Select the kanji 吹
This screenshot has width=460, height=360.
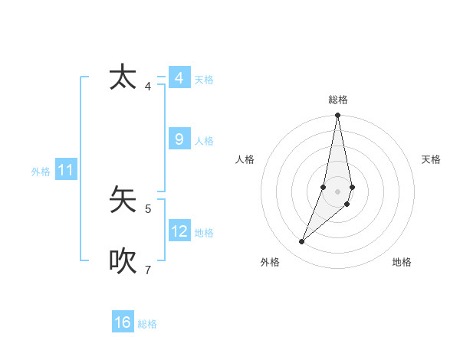point(123,260)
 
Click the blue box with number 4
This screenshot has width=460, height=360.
point(179,78)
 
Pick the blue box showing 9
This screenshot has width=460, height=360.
point(179,139)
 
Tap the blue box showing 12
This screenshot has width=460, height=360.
point(179,231)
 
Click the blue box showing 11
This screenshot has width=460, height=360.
point(65,170)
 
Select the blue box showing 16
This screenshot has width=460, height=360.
point(123,322)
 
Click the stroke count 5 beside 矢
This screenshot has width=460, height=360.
point(148,208)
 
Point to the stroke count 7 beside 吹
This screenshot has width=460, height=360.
point(148,270)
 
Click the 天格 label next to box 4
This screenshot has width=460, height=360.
point(204,80)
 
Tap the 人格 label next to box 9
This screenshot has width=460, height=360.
point(204,141)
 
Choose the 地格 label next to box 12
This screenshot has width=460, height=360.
point(204,233)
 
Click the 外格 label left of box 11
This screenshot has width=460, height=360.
point(41,172)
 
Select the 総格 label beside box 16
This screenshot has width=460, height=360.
point(147,324)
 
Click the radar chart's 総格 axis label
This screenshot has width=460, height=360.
point(338,100)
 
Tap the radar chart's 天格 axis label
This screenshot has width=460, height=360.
point(431,159)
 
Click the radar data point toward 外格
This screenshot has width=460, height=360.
point(302,241)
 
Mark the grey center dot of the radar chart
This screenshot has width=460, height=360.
point(338,191)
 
